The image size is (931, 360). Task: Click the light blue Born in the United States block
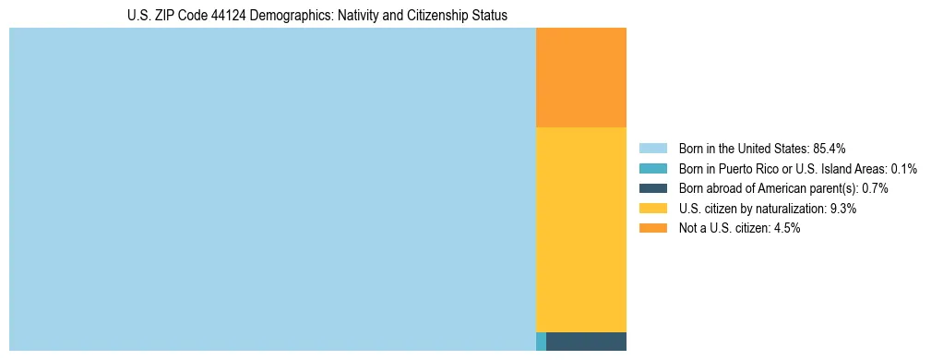point(272,189)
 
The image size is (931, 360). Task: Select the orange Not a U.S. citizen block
point(580,78)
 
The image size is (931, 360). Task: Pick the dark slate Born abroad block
point(586,342)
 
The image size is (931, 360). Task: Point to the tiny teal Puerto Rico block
point(541,342)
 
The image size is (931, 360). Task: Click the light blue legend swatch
point(652,149)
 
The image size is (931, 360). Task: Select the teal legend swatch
point(652,169)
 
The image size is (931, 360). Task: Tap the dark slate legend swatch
point(652,188)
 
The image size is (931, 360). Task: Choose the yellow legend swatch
point(652,209)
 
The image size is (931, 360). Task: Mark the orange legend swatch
point(652,228)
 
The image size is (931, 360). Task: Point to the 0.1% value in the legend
point(904,169)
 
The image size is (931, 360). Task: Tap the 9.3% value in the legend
point(843,209)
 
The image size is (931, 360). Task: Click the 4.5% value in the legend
point(787,228)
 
